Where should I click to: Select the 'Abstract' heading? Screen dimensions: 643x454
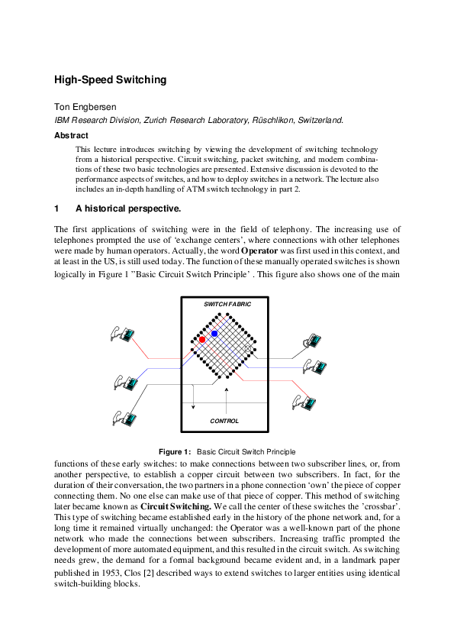pos(71,135)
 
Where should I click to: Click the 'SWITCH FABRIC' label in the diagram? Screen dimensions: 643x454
pos(227,304)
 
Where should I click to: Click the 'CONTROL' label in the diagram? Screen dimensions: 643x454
pos(224,421)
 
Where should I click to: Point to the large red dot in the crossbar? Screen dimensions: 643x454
pos(202,339)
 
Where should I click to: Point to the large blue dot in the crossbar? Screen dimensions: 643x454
pos(214,334)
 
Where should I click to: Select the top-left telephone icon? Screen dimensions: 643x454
pos(123,334)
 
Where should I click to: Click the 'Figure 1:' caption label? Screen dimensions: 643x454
pos(174,452)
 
